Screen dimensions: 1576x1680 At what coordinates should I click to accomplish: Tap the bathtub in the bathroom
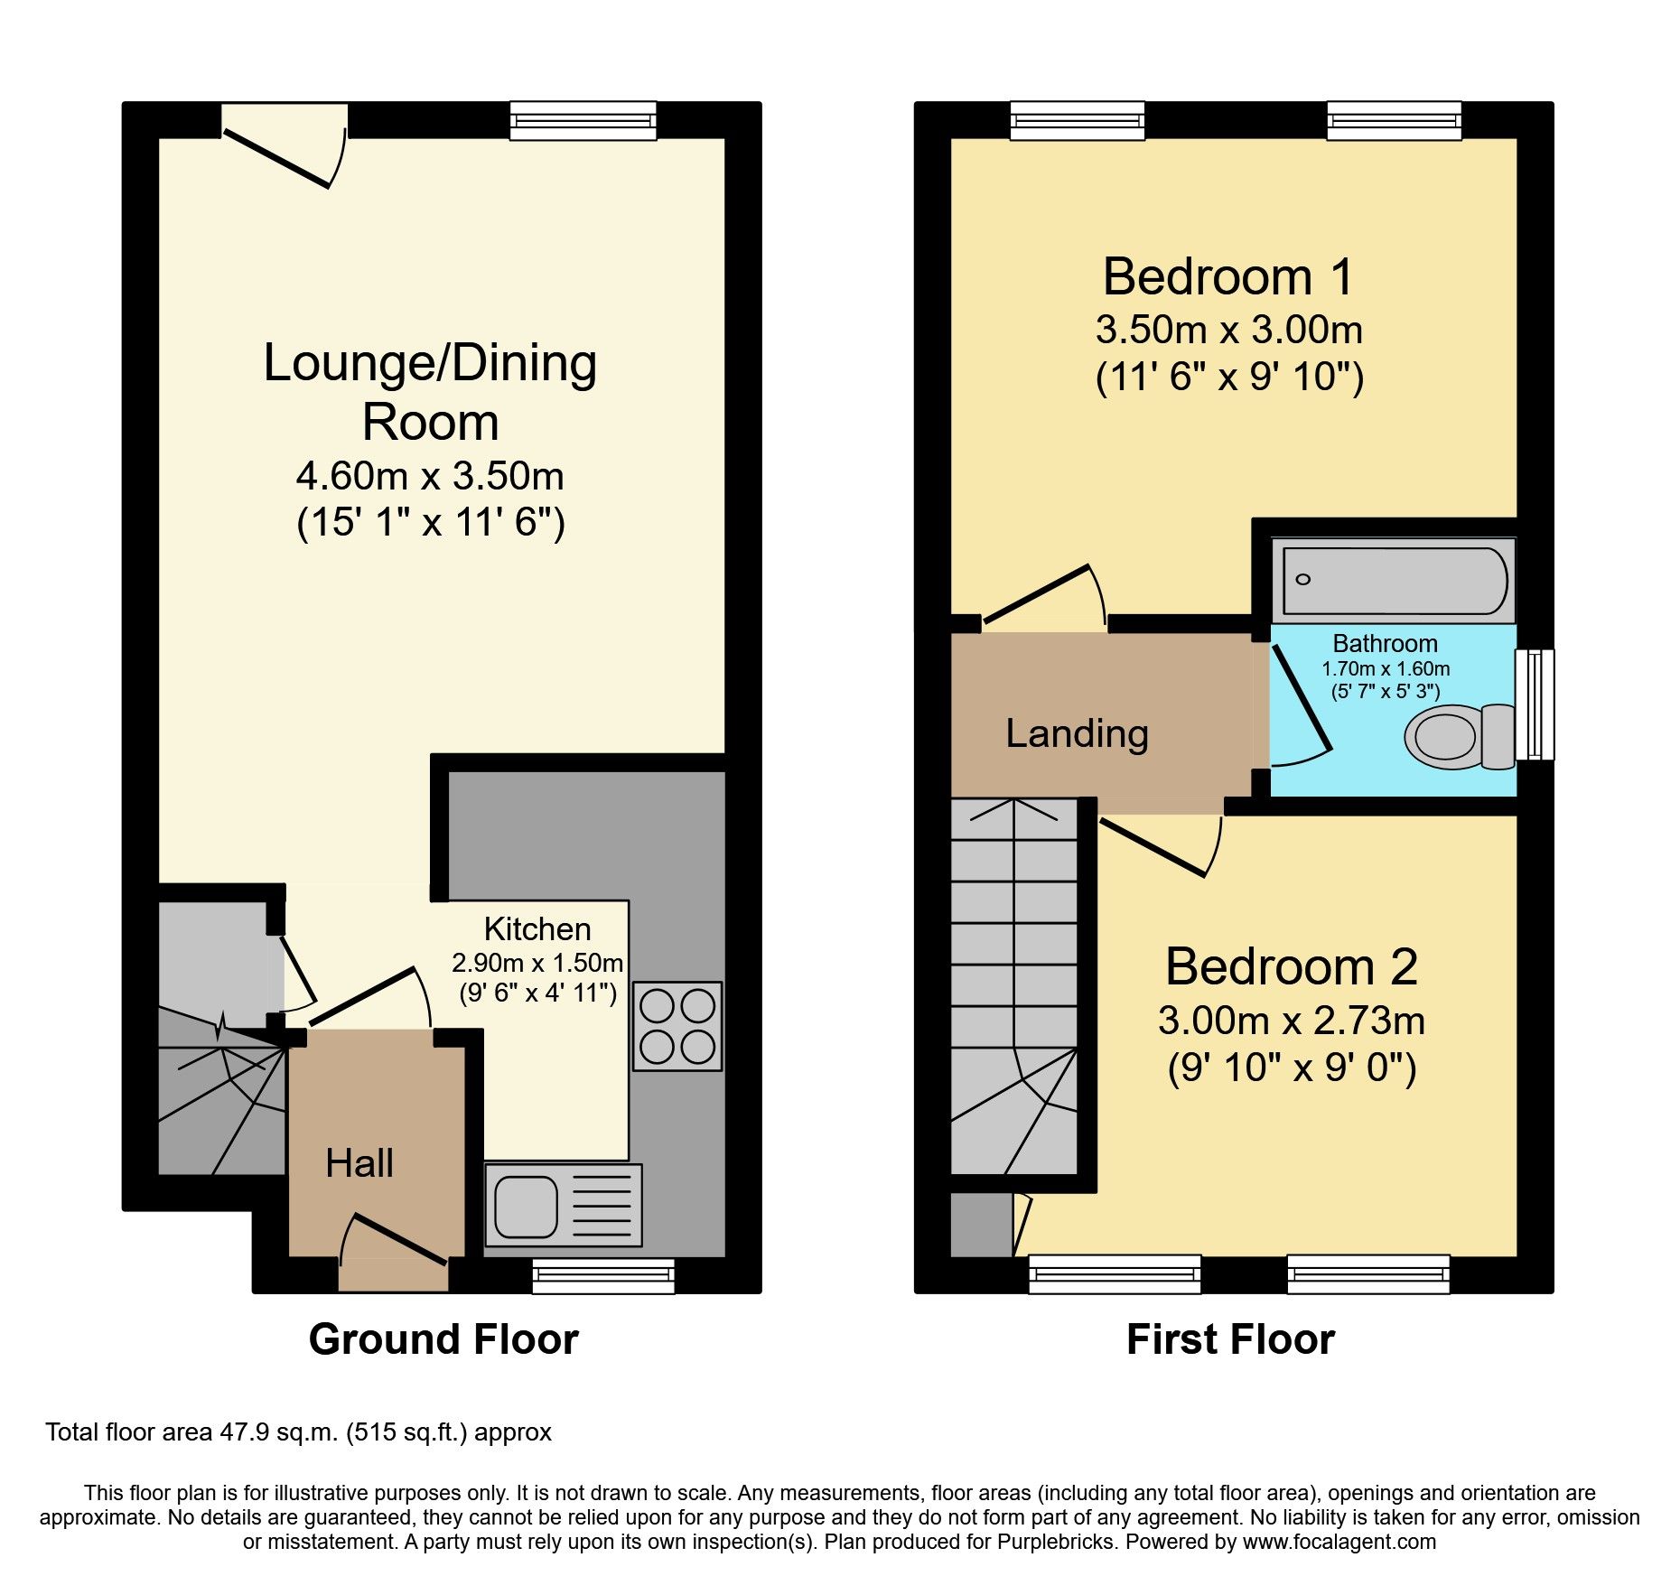click(1394, 580)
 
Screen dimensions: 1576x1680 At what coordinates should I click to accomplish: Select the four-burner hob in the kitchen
click(677, 1026)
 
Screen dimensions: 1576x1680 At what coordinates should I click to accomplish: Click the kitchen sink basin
click(526, 1207)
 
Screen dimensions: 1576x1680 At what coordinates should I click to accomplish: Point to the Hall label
click(359, 1163)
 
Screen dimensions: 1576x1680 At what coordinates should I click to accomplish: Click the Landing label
click(1077, 733)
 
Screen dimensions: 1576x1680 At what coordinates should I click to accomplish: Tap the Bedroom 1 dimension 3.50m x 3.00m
click(1228, 330)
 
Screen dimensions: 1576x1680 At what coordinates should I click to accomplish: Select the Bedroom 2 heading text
click(1291, 966)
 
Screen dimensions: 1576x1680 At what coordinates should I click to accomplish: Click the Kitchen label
click(537, 928)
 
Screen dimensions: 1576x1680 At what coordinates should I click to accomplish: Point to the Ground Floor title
click(443, 1338)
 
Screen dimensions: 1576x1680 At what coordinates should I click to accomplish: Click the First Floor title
click(1230, 1338)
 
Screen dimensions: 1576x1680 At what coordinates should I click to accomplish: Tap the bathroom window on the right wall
click(1535, 704)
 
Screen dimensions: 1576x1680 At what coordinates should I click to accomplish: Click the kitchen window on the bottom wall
click(603, 1275)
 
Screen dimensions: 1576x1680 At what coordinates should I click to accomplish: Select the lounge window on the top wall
click(583, 120)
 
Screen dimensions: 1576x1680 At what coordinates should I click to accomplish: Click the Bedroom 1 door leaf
click(1037, 593)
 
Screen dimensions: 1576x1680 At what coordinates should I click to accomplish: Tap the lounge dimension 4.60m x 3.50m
click(430, 476)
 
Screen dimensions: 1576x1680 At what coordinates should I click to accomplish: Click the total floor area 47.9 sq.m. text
click(298, 1432)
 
